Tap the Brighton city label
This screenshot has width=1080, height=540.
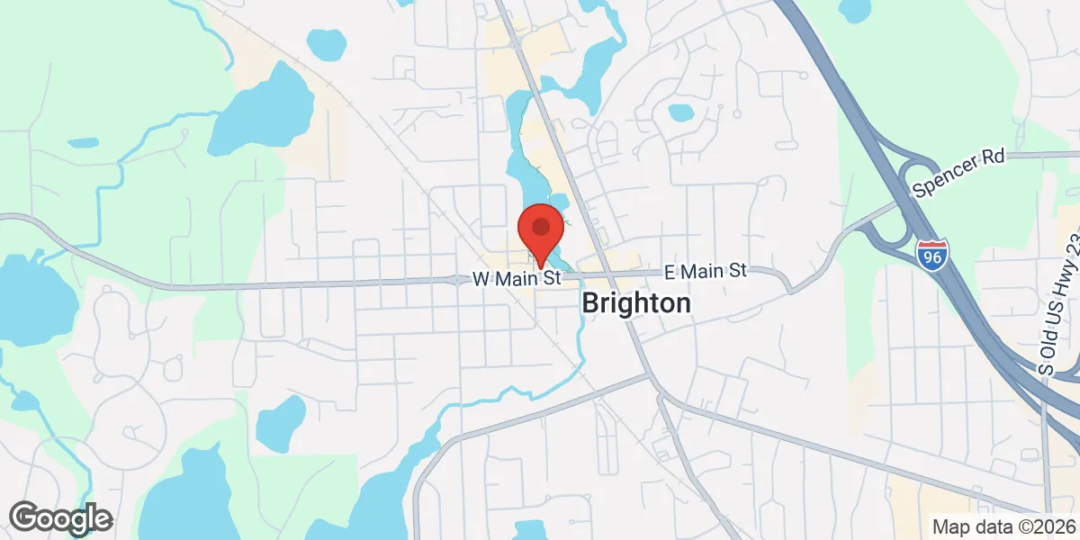636,303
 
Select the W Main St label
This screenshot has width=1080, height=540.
517,279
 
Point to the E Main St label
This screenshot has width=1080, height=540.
706,270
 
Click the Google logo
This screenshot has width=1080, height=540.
60,517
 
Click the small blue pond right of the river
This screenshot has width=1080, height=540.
680,112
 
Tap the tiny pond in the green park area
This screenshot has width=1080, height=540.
83,142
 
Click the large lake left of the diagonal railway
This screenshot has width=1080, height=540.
262,111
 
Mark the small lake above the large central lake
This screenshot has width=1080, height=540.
325,41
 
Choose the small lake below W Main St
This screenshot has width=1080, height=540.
282,420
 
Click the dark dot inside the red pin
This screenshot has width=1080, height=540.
541,225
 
